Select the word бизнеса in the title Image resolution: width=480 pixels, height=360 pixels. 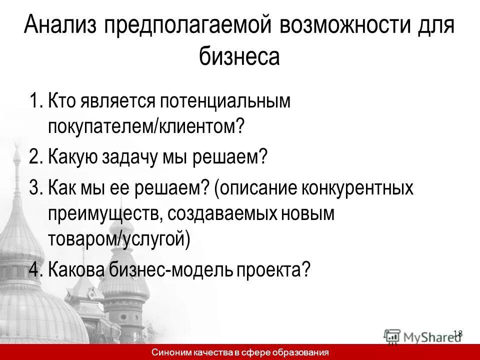point(240,55)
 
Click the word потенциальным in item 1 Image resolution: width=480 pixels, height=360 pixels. point(225,101)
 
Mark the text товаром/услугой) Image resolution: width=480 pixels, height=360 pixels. point(119,238)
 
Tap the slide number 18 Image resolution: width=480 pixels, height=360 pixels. point(457,333)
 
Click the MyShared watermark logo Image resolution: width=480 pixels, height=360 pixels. point(422,336)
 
